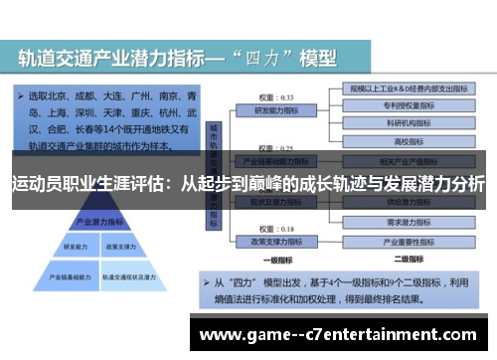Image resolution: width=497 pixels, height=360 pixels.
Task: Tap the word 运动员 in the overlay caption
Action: (31, 184)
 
